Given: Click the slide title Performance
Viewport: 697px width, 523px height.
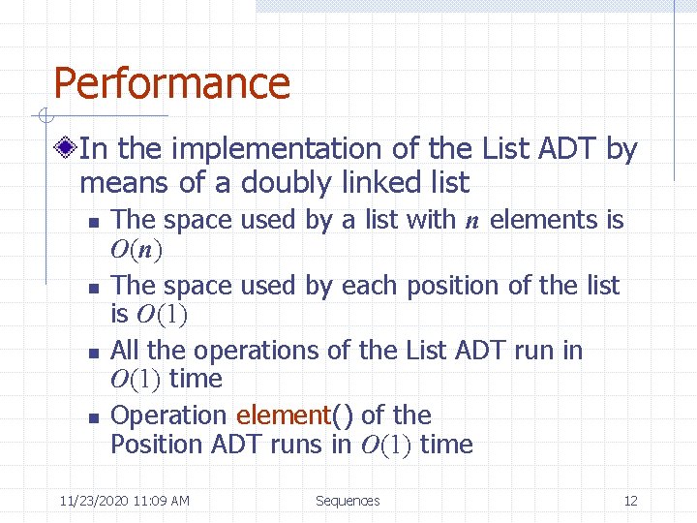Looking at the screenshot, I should point(171,83).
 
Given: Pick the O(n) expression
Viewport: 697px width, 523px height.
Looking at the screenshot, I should point(136,251).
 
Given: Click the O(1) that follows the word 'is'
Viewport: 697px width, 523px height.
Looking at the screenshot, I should point(161,315).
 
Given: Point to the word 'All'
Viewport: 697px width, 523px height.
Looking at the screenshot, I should point(126,350).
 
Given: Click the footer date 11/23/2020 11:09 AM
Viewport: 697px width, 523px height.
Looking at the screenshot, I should point(124,501).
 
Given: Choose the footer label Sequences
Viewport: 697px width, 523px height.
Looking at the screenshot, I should point(348,501).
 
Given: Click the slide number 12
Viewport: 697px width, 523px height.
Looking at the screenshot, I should point(630,501).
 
